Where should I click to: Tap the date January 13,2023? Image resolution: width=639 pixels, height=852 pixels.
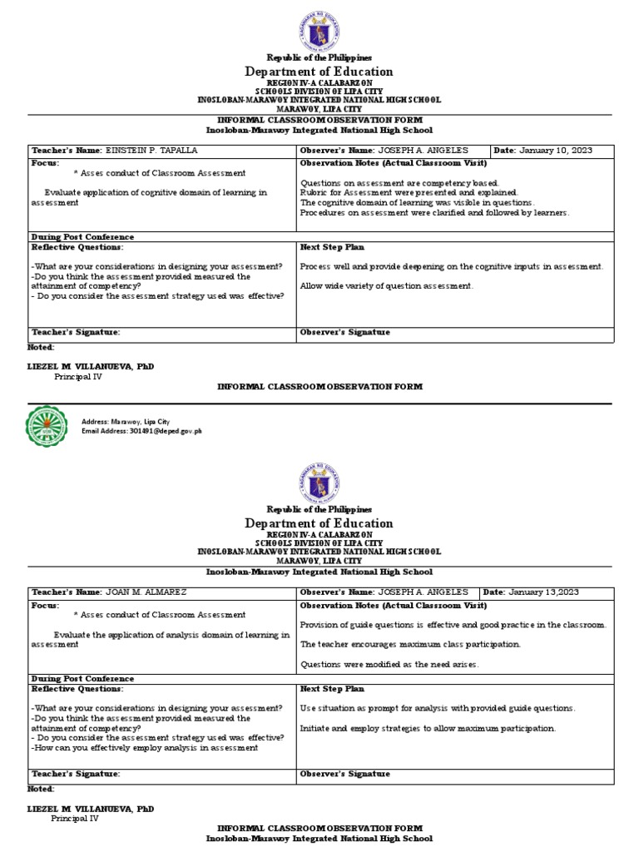click(555, 592)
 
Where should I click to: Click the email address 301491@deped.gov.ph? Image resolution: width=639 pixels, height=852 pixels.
click(141, 431)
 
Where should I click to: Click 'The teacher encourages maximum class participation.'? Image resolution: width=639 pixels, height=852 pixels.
click(409, 644)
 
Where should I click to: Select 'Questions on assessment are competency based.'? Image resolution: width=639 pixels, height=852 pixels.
click(399, 181)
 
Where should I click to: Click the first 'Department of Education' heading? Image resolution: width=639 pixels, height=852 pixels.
click(319, 72)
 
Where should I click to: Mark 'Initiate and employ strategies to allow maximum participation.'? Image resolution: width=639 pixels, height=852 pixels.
click(428, 728)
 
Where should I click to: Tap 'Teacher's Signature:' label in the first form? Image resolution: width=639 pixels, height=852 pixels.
click(76, 332)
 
